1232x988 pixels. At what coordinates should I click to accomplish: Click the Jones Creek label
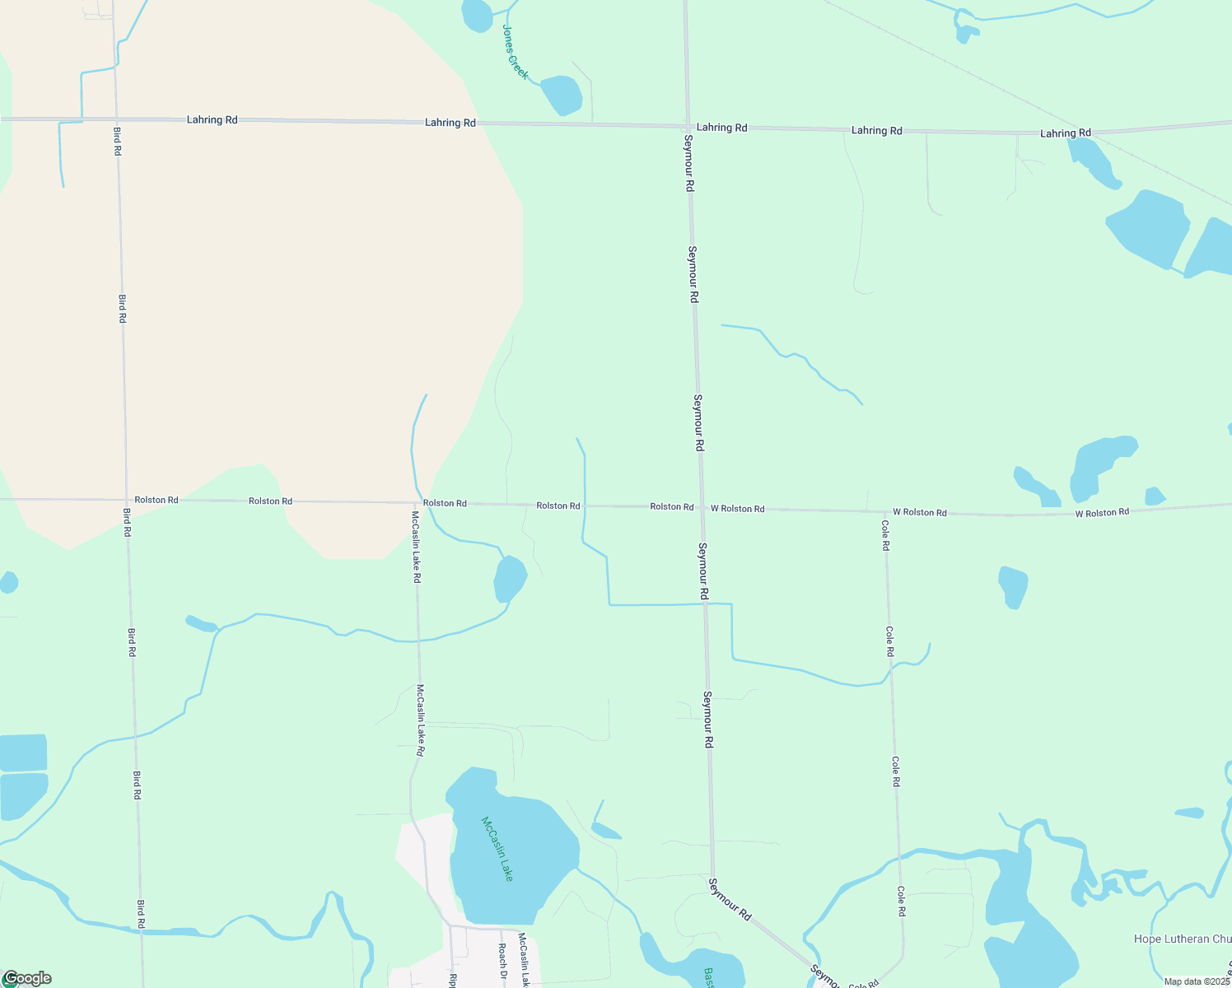pos(515,52)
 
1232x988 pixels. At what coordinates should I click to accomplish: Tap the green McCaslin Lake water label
pos(497,849)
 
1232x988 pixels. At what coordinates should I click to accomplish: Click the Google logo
pos(27,978)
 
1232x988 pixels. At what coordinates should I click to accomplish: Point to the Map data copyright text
pos(1197,981)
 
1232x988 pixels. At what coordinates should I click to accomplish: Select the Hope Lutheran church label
pos(1182,939)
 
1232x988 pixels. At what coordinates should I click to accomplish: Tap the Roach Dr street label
pos(502,956)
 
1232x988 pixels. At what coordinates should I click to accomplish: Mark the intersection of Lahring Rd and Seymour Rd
pos(687,126)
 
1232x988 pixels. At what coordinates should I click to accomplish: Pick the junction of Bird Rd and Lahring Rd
pos(115,119)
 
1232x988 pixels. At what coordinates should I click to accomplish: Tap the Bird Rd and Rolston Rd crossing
pos(126,500)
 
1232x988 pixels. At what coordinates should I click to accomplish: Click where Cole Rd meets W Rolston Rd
pos(884,510)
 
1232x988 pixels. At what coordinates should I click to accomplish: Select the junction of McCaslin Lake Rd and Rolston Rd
pos(415,502)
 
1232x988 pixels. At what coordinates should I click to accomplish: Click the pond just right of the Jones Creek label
pos(562,95)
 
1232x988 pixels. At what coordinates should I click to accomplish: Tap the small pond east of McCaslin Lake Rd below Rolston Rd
pos(509,579)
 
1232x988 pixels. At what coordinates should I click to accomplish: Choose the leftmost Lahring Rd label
pos(212,119)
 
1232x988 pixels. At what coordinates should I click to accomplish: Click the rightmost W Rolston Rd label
pos(1102,513)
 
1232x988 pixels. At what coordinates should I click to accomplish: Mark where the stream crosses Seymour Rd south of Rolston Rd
pos(705,604)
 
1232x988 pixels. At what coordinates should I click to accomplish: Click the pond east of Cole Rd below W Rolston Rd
pos(1013,586)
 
